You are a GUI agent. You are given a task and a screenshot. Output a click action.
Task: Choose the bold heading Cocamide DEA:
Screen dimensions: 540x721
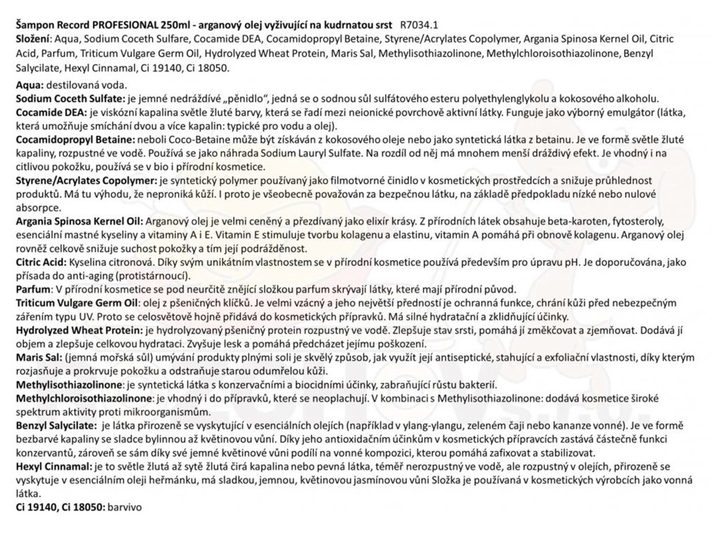click(50, 111)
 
